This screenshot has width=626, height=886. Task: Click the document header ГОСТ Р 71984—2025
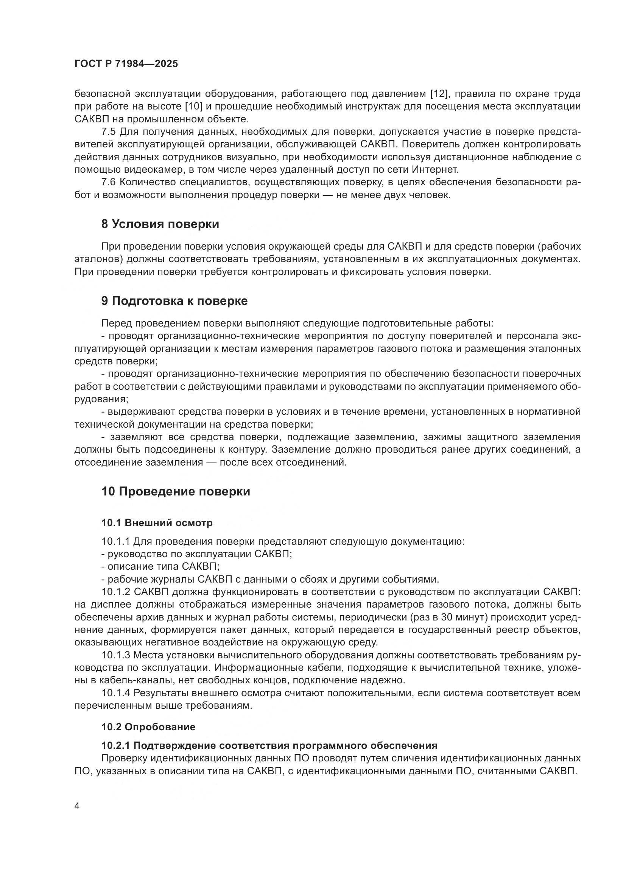tap(126, 64)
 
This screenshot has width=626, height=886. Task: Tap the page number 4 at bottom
tap(77, 806)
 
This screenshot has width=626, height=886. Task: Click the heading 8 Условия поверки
tap(160, 224)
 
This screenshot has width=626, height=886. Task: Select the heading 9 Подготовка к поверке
tap(174, 301)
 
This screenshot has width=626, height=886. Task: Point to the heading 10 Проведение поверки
tap(176, 492)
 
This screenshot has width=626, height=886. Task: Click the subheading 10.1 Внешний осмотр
tap(157, 523)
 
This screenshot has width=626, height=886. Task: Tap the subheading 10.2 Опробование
tap(148, 727)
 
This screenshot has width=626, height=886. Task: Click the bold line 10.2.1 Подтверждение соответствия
tap(269, 745)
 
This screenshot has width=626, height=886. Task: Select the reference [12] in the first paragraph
tap(440, 94)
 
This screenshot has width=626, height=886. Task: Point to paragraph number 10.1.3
tap(116, 655)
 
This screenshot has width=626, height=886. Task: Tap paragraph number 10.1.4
tap(116, 693)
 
